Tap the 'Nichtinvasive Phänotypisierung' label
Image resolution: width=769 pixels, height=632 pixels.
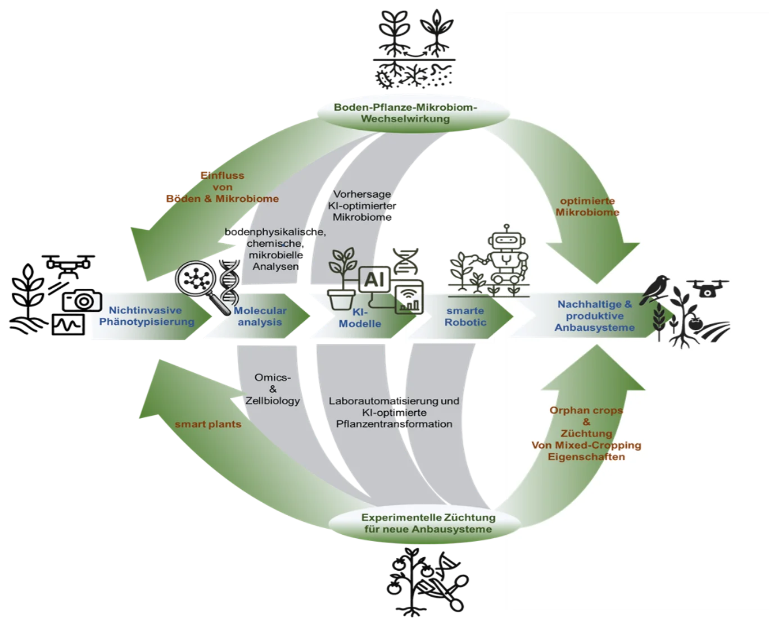(x=146, y=316)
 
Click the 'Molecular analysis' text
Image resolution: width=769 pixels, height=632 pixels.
(x=260, y=316)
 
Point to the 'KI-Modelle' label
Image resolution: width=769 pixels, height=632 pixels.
(x=360, y=318)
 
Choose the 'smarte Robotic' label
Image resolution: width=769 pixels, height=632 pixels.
(x=465, y=316)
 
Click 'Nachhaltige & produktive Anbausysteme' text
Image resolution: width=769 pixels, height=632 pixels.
(x=594, y=316)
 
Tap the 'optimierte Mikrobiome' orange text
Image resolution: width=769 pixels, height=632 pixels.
(x=587, y=207)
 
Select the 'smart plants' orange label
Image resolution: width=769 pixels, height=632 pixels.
(x=207, y=424)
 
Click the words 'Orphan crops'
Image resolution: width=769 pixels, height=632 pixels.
(x=586, y=410)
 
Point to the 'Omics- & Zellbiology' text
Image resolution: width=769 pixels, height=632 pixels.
(x=273, y=389)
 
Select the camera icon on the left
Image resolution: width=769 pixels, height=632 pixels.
(x=83, y=302)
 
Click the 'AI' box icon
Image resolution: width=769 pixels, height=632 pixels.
(x=374, y=279)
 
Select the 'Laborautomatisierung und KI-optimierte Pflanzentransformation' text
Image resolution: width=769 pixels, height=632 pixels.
(x=393, y=412)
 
